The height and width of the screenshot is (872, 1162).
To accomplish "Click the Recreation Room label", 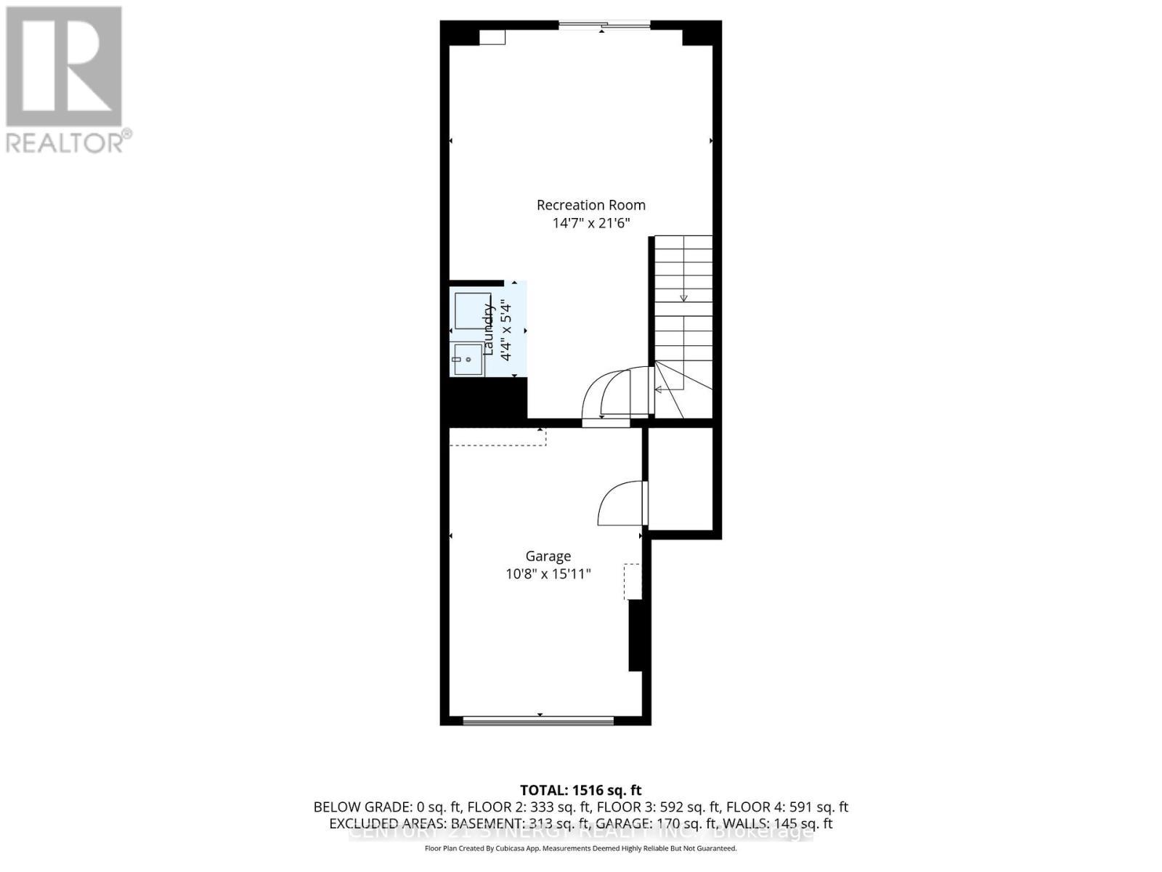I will click(590, 205).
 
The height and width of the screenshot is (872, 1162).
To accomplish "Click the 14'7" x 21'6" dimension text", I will click(590, 223).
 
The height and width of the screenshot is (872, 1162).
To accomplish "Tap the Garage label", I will click(548, 556).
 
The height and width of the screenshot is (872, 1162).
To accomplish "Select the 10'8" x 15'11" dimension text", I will click(548, 574).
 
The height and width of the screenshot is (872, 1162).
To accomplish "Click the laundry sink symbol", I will click(468, 360).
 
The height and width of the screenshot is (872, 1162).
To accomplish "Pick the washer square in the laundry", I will click(472, 311).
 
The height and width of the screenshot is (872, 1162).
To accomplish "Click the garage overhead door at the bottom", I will click(539, 721).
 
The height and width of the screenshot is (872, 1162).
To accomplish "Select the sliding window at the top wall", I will click(604, 27).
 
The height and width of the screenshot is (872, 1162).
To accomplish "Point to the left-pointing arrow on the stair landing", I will click(659, 389).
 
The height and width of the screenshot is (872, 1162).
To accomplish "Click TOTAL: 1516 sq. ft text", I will click(581, 790).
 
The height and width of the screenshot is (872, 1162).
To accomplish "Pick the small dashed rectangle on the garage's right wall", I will click(633, 581).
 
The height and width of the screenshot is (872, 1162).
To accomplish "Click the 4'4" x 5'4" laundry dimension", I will click(506, 331).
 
